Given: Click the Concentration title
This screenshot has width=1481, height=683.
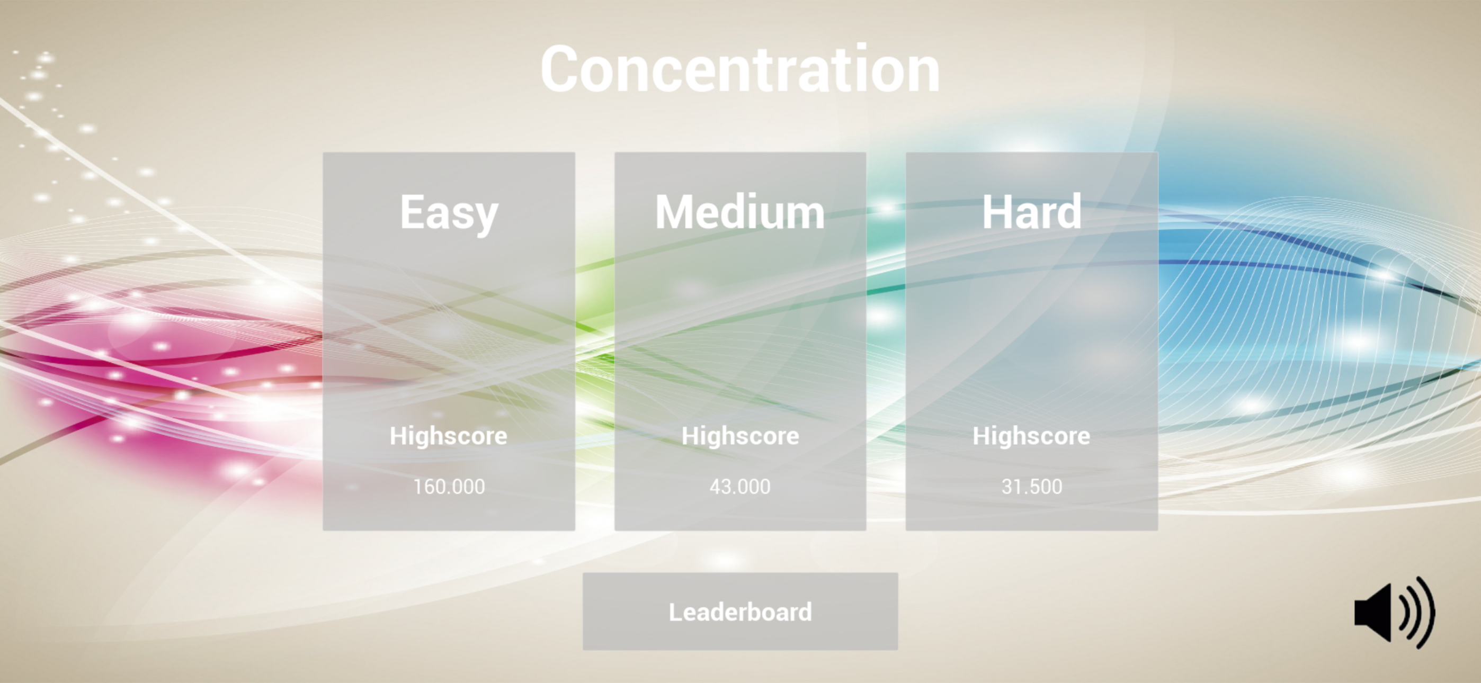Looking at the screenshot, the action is coord(740,69).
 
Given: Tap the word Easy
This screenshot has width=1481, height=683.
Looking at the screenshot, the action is coord(449,213).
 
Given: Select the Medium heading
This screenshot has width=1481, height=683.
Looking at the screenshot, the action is coord(740,212).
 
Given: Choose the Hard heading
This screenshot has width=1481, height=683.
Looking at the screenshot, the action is coord(1031,212).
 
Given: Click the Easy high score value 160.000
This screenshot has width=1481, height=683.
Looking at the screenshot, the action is coord(449,487).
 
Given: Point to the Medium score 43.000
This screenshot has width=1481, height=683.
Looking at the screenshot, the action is coord(740,487).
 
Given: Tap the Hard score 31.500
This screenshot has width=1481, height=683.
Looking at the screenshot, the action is coord(1031,487).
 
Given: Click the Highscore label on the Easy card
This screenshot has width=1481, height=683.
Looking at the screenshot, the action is coord(449,436).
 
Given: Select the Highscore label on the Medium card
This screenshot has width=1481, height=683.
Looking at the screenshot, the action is coord(740,436).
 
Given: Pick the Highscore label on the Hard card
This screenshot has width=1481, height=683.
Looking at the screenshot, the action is coord(1031,436).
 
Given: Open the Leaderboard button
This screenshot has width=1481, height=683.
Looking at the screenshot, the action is coord(740,612).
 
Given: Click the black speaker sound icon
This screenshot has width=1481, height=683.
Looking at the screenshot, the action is coord(1395,612).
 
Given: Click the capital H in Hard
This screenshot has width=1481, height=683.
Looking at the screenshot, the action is coord(999,212).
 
